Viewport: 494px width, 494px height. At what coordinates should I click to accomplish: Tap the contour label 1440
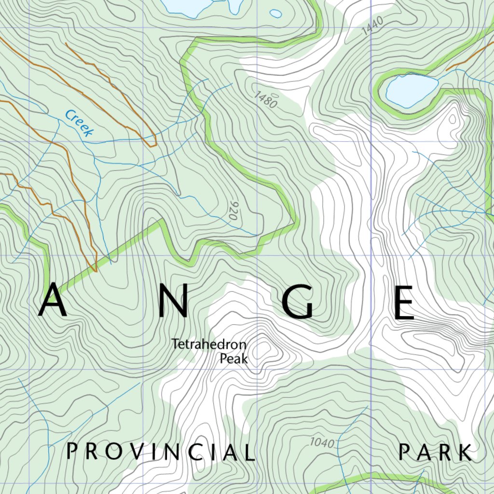[371, 25]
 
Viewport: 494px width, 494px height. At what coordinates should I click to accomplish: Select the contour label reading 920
[233, 211]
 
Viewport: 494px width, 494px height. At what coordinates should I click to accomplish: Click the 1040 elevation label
[322, 442]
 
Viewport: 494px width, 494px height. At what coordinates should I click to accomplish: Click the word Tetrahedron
[209, 345]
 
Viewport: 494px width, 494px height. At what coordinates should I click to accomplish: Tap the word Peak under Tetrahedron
[233, 359]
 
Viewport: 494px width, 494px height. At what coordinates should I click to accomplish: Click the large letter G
[298, 302]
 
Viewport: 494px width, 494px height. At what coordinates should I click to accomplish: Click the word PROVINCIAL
[161, 453]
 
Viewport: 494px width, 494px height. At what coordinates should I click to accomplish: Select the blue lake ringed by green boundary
[411, 90]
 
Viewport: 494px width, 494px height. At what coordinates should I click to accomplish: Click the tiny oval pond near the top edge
[276, 14]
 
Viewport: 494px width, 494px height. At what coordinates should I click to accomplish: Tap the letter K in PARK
[465, 453]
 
